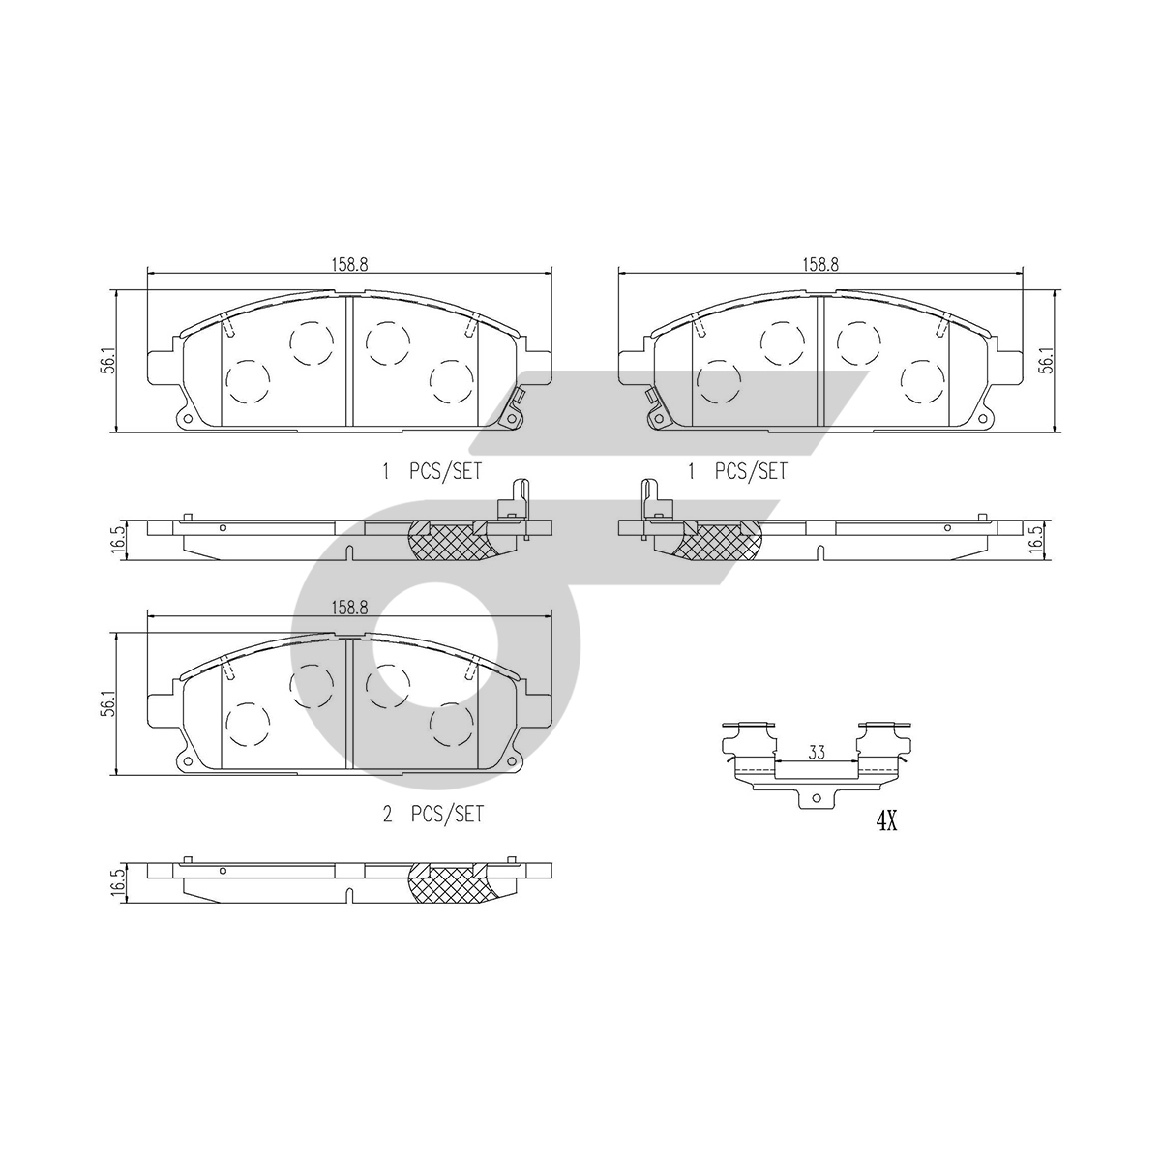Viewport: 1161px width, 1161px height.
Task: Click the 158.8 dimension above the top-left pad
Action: click(x=349, y=264)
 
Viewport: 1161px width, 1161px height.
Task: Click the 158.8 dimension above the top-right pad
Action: click(x=820, y=264)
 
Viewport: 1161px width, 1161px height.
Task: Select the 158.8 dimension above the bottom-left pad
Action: click(x=349, y=608)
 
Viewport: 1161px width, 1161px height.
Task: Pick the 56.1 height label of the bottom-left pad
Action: click(x=107, y=702)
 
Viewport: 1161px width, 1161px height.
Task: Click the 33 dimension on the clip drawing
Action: click(x=817, y=752)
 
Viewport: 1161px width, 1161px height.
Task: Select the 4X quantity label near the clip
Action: click(x=886, y=821)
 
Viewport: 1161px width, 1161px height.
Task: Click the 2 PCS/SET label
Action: click(x=433, y=815)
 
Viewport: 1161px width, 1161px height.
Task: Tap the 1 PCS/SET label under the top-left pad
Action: click(x=432, y=471)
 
